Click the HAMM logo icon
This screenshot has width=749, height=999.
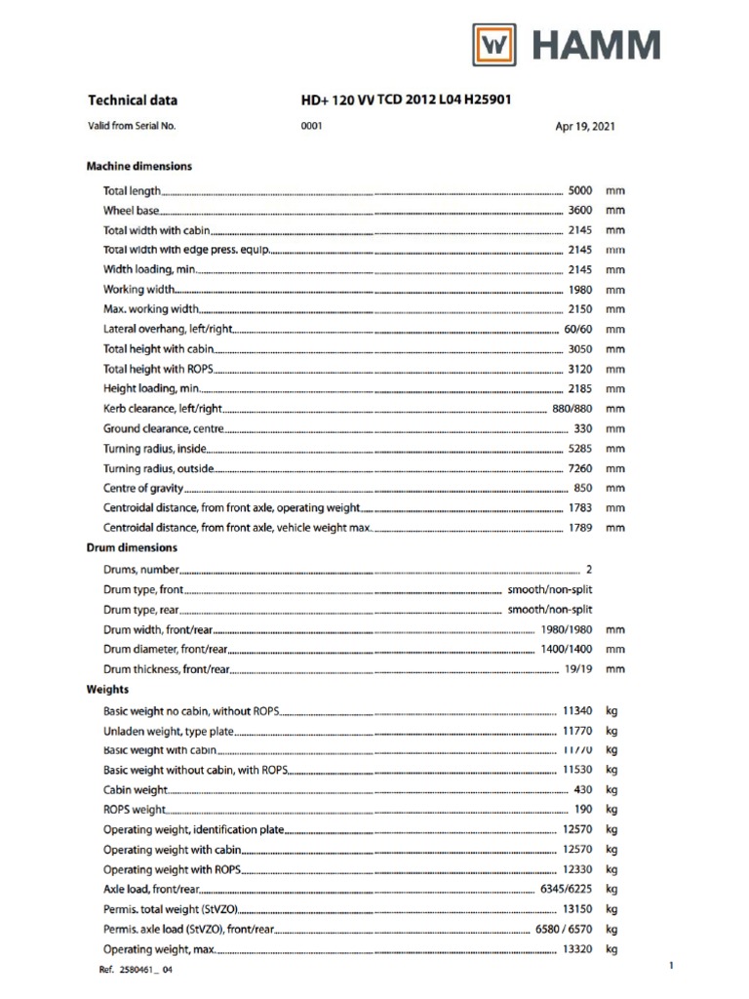point(496,46)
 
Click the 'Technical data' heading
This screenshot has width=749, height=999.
point(133,100)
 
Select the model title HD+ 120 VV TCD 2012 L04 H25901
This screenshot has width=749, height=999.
point(407,100)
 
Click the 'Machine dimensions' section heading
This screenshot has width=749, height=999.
point(139,166)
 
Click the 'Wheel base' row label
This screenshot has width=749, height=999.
point(132,211)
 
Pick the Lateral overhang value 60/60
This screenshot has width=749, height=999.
point(577,329)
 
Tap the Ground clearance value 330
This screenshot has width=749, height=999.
point(583,428)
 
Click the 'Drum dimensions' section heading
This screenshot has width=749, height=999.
point(133,547)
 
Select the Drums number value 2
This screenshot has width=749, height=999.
point(589,568)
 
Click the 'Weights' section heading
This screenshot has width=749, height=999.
point(108,689)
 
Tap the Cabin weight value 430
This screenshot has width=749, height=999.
point(583,789)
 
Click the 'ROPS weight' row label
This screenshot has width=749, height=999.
point(135,810)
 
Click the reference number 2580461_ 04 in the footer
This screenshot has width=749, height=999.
point(137,970)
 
